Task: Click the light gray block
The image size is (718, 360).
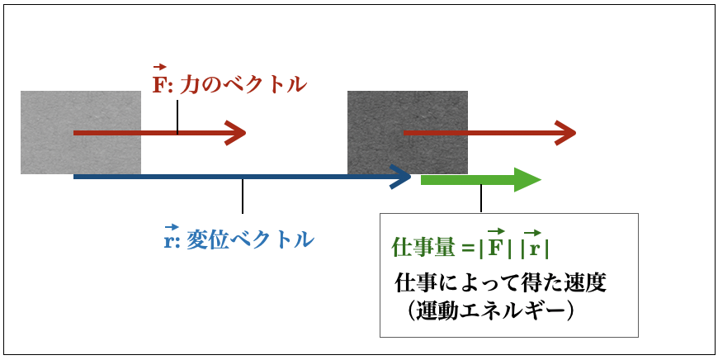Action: click(81, 132)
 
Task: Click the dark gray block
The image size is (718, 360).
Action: click(408, 132)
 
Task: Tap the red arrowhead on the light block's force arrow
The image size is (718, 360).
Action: click(236, 133)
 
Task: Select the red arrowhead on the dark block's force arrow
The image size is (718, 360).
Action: click(565, 133)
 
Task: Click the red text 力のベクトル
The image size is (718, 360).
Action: click(243, 85)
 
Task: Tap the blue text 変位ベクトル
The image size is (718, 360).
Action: click(251, 239)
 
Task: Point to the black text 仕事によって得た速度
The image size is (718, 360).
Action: click(500, 283)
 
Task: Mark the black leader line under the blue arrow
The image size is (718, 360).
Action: click(243, 196)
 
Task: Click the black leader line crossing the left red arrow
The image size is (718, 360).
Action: click(177, 118)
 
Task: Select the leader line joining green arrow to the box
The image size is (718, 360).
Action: click(481, 198)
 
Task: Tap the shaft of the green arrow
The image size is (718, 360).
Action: click(468, 180)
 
